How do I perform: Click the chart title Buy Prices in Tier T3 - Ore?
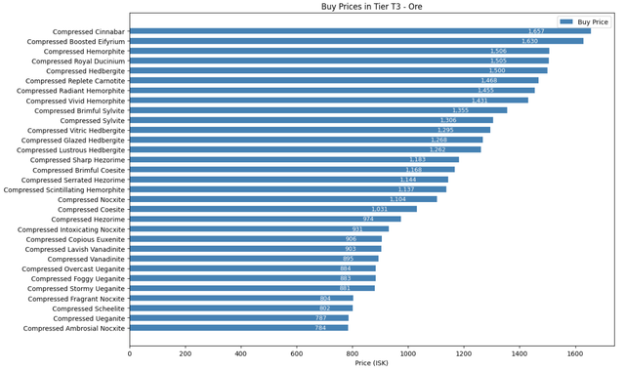pos(371,7)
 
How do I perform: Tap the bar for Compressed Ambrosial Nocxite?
pos(238,328)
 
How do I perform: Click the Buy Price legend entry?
pos(592,20)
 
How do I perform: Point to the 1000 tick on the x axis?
pos(408,354)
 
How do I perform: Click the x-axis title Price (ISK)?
pos(371,364)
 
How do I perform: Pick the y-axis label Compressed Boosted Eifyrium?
pos(76,41)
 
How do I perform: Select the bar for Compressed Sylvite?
pos(312,120)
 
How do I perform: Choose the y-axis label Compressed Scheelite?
pos(89,308)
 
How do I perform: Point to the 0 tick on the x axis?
pos(130,354)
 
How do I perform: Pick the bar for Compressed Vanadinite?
pos(254,259)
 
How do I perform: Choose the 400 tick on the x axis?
pos(241,354)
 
